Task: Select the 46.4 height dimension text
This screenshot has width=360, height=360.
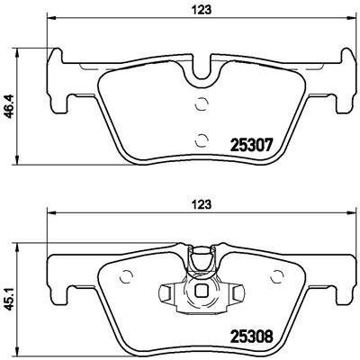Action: point(10,106)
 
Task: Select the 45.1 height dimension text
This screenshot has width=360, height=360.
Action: point(10,301)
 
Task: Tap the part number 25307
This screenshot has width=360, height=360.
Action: point(251,146)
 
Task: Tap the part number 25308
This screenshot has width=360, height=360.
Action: point(251,336)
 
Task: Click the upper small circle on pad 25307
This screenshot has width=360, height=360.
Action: point(201,104)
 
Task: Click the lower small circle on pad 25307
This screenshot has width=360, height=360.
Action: point(201,139)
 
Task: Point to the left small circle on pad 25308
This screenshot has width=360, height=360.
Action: point(126,276)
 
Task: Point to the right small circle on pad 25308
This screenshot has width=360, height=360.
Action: point(276,276)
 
